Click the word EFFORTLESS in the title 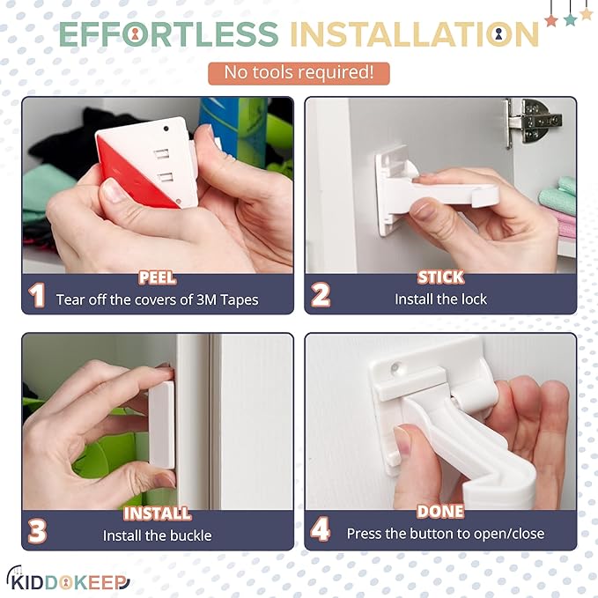click(168, 34)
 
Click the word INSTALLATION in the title click(414, 34)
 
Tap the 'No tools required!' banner click(298, 73)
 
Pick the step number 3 click(37, 531)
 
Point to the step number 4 click(321, 531)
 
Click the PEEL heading click(157, 278)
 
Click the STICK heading click(440, 278)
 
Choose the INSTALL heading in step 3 click(157, 513)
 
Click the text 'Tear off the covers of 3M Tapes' click(157, 299)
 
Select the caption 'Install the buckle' click(157, 535)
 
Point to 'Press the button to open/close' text click(445, 534)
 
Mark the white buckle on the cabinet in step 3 click(162, 423)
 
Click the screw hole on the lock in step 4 click(403, 363)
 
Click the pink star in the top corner click(551, 19)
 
